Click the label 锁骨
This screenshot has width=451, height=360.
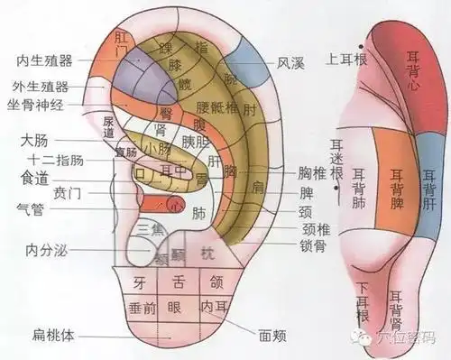tap(312, 245)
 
